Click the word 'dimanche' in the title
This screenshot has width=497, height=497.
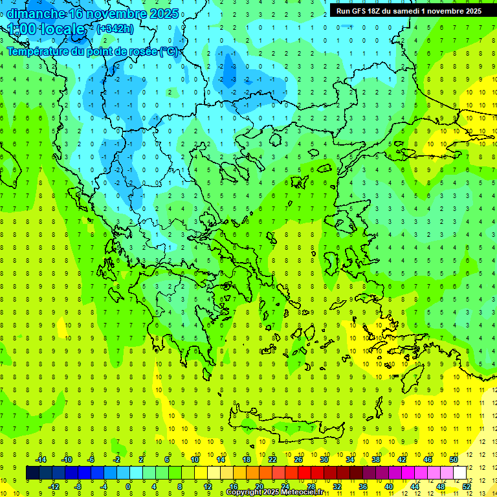point(36,14)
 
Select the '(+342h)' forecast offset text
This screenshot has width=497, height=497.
point(115,28)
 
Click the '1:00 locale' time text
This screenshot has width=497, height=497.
point(47,29)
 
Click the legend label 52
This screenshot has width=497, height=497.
point(467,486)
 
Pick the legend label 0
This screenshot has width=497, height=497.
point(129,486)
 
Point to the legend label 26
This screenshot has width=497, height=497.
point(298,459)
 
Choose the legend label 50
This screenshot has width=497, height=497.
point(454,459)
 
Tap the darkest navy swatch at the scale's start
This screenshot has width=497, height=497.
point(32,472)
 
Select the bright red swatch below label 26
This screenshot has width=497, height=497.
point(304,472)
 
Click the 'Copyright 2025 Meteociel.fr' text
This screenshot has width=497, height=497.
point(275,492)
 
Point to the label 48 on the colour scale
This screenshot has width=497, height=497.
point(441,486)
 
